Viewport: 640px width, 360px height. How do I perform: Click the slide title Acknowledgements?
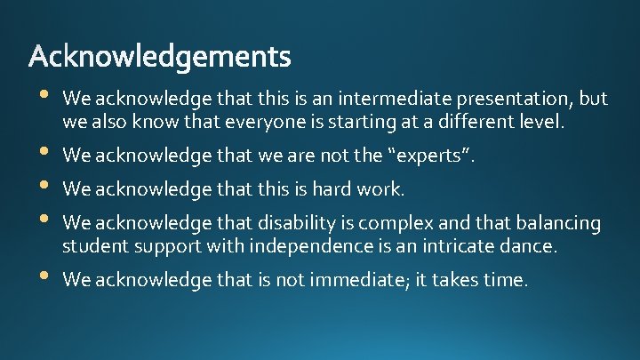coord(160,58)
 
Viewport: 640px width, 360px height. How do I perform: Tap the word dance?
coord(531,245)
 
